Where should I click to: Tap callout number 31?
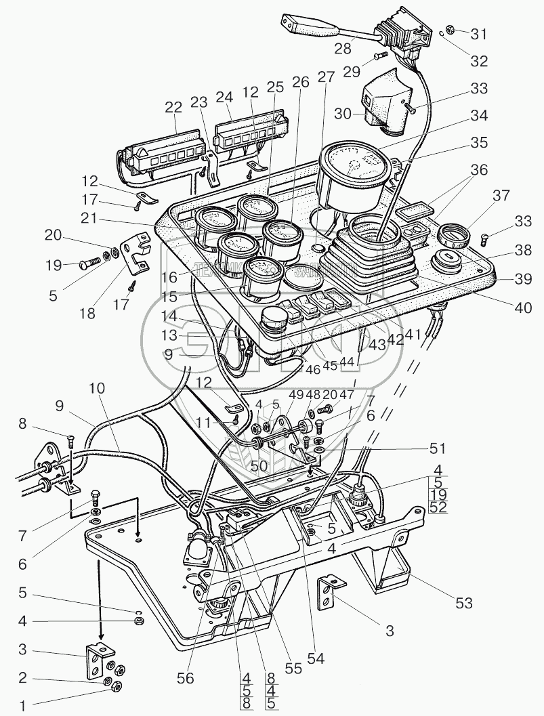point(478,33)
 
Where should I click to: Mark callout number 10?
point(97,389)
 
